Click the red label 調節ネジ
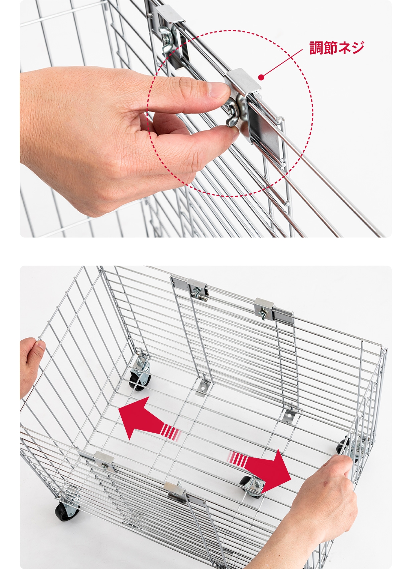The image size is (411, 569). pyautogui.click(x=337, y=47)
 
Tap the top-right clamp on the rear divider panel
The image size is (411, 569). pyautogui.click(x=264, y=307)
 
